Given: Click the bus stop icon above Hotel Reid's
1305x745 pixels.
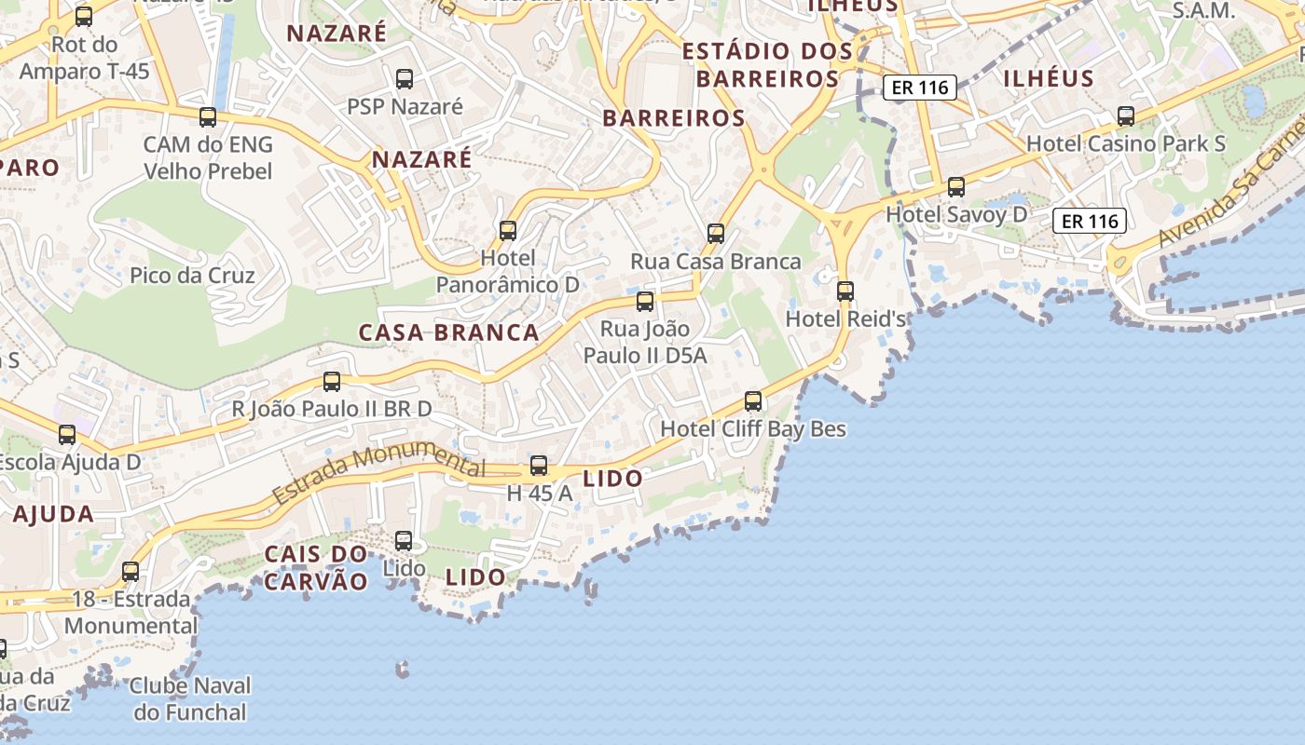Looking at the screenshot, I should click(x=845, y=291).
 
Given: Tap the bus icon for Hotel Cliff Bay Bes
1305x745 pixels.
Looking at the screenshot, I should click(x=753, y=401).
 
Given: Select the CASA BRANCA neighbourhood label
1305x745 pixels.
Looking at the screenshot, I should click(x=448, y=332).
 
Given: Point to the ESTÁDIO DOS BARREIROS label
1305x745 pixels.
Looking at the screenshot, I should click(x=767, y=64).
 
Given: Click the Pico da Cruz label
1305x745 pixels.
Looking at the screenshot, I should click(x=192, y=275).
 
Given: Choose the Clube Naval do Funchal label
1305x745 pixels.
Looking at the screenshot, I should click(x=190, y=699).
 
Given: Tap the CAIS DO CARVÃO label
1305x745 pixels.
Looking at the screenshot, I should click(x=316, y=567).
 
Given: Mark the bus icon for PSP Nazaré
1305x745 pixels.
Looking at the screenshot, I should click(x=405, y=79).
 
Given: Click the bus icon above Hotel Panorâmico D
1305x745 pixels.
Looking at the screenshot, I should click(x=508, y=230).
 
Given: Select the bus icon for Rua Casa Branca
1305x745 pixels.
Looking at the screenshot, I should click(x=716, y=234).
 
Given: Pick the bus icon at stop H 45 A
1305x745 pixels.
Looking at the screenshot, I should click(x=539, y=466).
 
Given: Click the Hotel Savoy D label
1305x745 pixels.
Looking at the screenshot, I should click(x=956, y=214).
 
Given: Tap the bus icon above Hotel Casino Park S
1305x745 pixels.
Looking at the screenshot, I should click(x=1126, y=116).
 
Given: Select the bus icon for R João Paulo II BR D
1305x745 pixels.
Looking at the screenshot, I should click(x=332, y=381).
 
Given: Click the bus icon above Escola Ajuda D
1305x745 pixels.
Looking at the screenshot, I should click(x=67, y=434).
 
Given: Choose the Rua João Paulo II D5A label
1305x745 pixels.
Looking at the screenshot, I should click(x=645, y=342).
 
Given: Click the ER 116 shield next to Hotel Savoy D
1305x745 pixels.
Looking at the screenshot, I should click(x=1090, y=221).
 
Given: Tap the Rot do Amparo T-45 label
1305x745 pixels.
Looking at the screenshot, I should click(x=84, y=58).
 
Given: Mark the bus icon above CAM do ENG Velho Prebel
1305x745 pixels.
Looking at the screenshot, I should click(x=208, y=117).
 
